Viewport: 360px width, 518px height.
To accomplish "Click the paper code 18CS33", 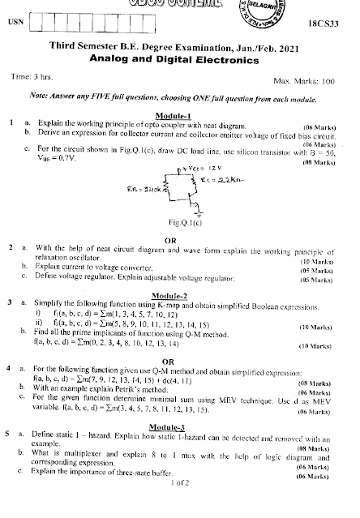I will coord(331,26).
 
